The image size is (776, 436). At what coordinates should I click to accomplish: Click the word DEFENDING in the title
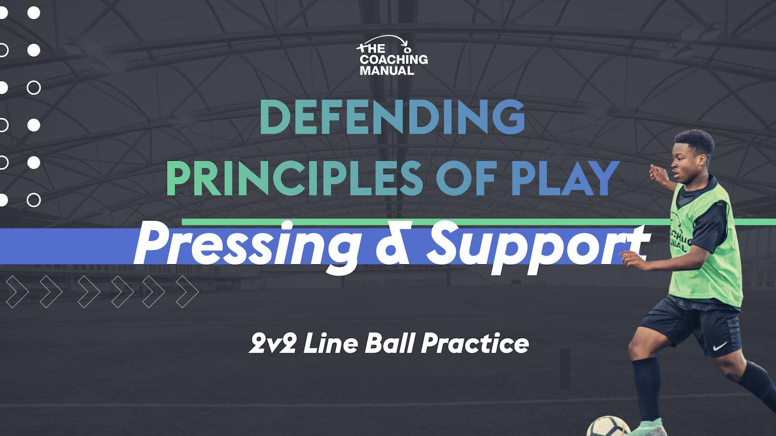tap(392, 117)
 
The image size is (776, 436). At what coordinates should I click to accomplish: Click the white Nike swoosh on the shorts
tap(720, 346)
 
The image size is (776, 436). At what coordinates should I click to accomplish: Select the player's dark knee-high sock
tap(647, 388)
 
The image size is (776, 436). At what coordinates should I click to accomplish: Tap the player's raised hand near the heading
tap(656, 174)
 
